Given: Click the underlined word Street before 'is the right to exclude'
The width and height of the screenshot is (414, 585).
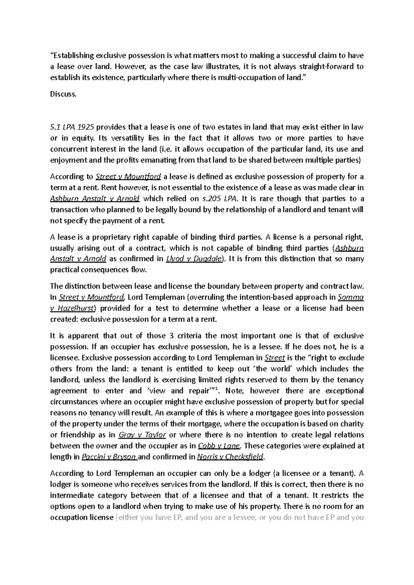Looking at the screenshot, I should click(x=274, y=358).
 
